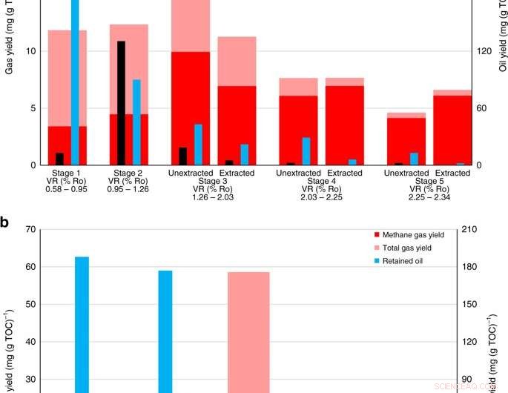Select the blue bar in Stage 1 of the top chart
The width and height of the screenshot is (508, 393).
point(75,82)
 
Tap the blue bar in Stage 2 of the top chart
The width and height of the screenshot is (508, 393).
point(136,122)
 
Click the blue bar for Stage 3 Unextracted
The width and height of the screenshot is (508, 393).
point(198,144)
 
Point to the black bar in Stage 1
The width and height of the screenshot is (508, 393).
point(59,159)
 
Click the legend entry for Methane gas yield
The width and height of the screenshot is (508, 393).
point(409,234)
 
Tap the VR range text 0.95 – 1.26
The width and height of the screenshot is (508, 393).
point(129,189)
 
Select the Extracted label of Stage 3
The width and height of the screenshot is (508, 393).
point(237,173)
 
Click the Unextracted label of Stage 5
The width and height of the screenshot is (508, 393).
point(406,173)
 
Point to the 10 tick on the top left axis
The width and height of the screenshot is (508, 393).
point(30,51)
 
